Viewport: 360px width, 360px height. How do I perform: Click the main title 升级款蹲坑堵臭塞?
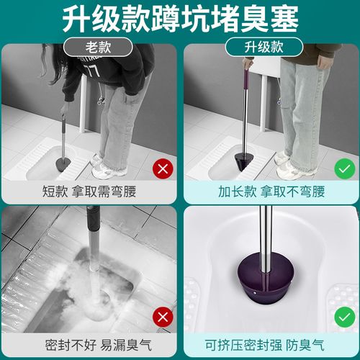tap(180, 19)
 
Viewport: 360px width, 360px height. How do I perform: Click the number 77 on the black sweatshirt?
tap(90, 71)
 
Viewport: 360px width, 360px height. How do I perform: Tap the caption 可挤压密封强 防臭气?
tap(270, 341)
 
